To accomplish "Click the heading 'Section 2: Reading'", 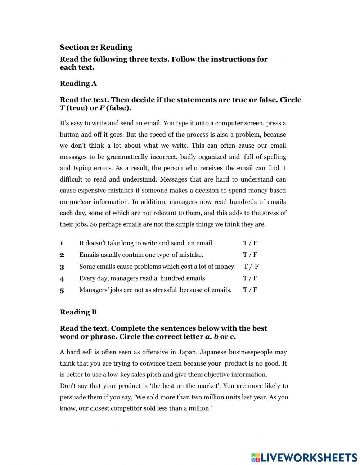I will pos(96,47).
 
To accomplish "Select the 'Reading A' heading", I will pos(78,84).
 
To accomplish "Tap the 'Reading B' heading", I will pos(78,312).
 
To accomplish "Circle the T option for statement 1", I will pos(245,243).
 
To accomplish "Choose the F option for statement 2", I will pos(255,255).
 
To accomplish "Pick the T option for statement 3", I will pos(246,267).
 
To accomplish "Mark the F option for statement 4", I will pos(255,278).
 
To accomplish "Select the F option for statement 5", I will pos(255,290).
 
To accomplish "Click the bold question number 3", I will pos(62,267).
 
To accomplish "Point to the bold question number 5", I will pos(62,290).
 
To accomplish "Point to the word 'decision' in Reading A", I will pos(203,191).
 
